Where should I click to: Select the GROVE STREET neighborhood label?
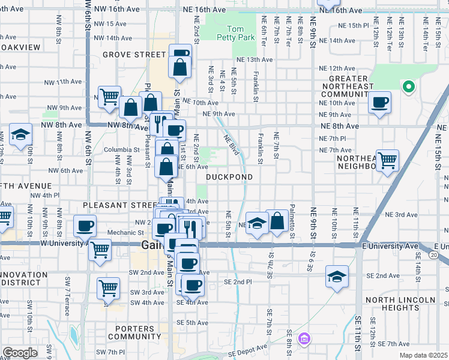click(133, 55)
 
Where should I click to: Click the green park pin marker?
click(408, 88)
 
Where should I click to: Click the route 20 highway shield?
click(441, 255)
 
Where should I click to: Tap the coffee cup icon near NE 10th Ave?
click(379, 103)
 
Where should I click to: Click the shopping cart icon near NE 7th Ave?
click(387, 160)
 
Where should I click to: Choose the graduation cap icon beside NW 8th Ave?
click(20, 135)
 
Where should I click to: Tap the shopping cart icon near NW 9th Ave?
click(109, 96)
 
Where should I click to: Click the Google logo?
click(20, 353)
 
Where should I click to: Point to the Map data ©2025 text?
click(424, 355)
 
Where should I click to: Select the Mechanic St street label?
click(123, 233)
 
